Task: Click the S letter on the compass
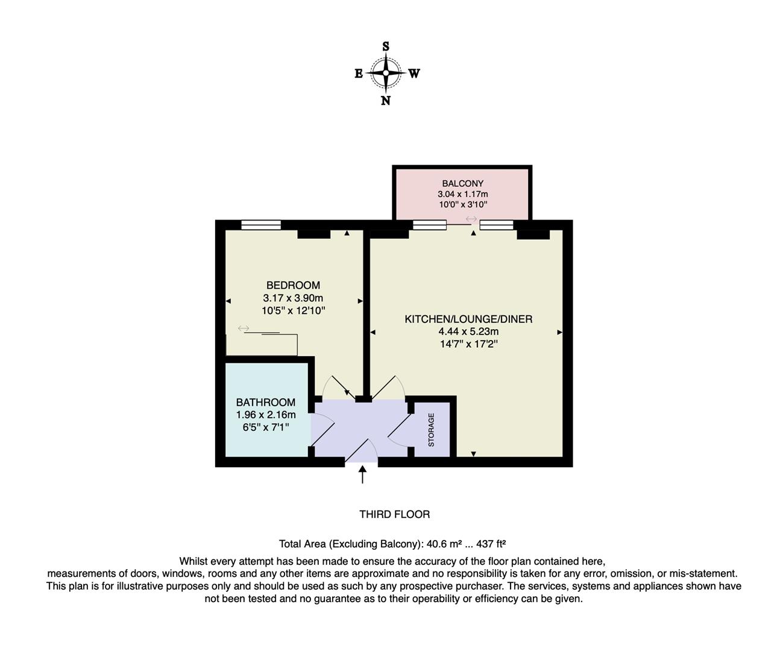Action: [x=386, y=46]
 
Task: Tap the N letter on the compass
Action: [x=386, y=101]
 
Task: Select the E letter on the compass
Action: [x=359, y=74]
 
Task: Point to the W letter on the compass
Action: [x=414, y=74]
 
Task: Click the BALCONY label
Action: [x=462, y=183]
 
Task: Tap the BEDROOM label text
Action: [x=293, y=285]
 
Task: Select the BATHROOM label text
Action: [x=265, y=402]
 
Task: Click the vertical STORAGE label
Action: [x=431, y=430]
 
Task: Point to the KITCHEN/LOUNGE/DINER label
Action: [x=468, y=319]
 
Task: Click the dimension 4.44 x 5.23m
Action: [x=468, y=332]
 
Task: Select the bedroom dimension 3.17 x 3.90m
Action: [x=293, y=298]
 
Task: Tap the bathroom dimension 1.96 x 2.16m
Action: [x=265, y=415]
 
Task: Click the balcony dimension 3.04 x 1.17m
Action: [x=462, y=194]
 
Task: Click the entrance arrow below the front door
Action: [x=362, y=474]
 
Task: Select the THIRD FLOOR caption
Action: [x=394, y=514]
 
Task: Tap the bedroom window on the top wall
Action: [x=261, y=225]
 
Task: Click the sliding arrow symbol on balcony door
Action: [x=471, y=219]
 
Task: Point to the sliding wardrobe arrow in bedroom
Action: [x=244, y=328]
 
